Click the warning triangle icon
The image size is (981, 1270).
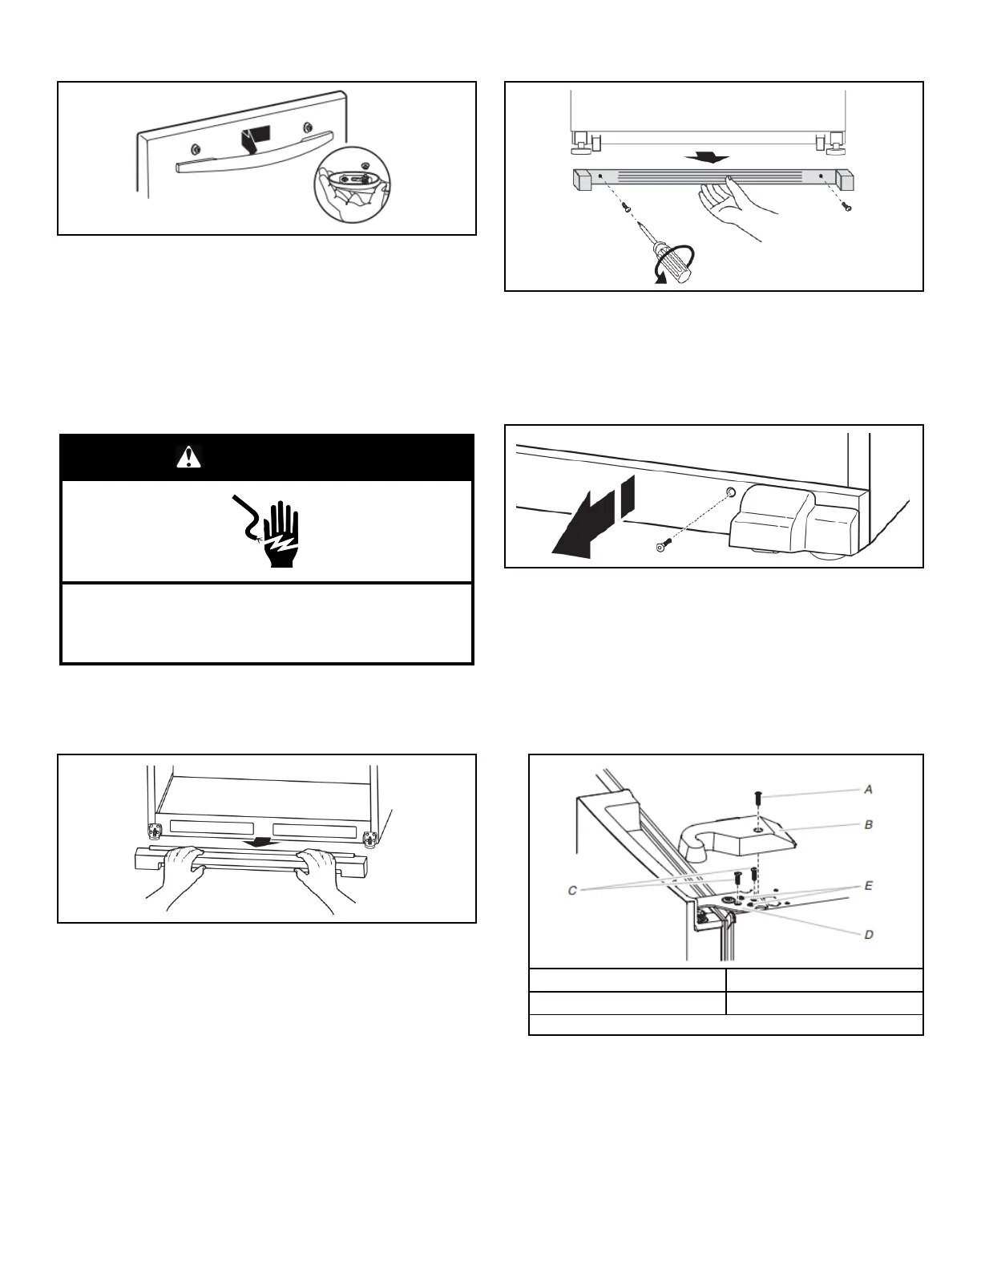[x=188, y=457]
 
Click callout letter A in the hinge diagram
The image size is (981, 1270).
[x=868, y=790]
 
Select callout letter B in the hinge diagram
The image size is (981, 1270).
[x=868, y=824]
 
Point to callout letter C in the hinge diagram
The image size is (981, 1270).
[x=572, y=889]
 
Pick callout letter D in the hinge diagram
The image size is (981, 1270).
[x=868, y=935]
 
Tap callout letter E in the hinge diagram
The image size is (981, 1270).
[x=868, y=886]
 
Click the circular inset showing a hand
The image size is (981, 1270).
[x=349, y=184]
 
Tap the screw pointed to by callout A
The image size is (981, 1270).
[x=757, y=797]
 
